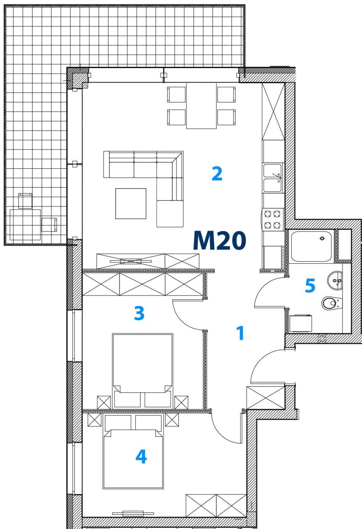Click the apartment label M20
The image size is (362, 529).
tap(219, 240)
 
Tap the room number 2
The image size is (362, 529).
tap(217, 173)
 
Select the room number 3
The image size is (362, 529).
tap(139, 313)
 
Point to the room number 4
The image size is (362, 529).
tap(141, 457)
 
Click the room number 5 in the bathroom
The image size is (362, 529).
tap(310, 285)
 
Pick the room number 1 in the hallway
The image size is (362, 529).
tap(240, 333)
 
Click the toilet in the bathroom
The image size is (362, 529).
tap(332, 303)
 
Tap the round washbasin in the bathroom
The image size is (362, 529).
tap(334, 281)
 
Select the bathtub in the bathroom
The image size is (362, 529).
tap(311, 246)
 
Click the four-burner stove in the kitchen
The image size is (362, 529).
tap(272, 220)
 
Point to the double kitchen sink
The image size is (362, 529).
tap(272, 178)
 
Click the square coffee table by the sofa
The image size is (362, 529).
tap(131, 204)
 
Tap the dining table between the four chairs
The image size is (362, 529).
tap(201, 106)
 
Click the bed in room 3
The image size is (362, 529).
tap(143, 371)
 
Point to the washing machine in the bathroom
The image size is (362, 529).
tap(301, 323)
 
